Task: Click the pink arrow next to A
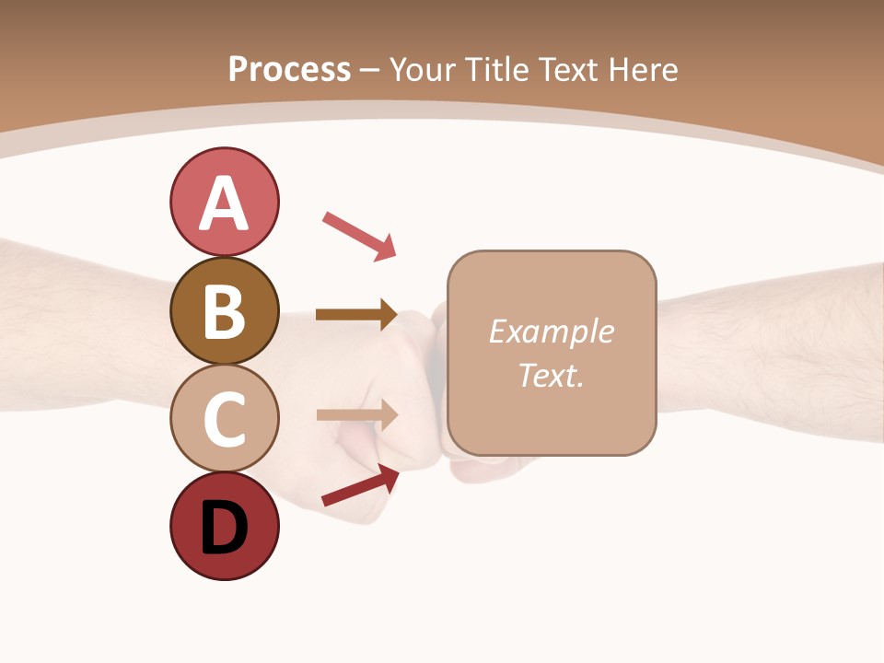[x=359, y=235]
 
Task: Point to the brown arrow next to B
[x=356, y=315]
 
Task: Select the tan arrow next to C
[x=356, y=414]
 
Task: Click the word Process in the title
[x=289, y=69]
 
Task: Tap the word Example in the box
[x=551, y=331]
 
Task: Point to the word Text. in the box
[x=551, y=375]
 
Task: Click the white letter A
[x=224, y=204]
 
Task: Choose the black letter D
[x=224, y=528]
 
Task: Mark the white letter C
[x=224, y=419]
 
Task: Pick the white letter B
[x=224, y=311]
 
